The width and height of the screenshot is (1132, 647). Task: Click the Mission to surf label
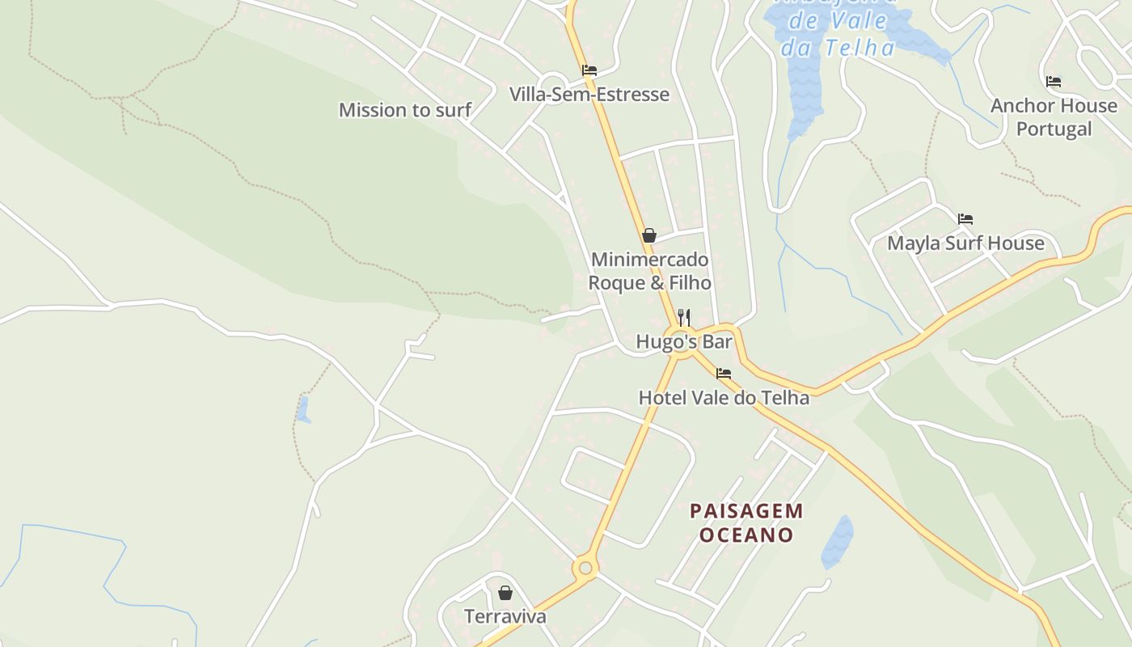pos(404,110)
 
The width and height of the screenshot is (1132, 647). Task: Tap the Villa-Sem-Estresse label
pos(589,95)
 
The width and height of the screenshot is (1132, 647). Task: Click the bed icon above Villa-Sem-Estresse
pos(589,70)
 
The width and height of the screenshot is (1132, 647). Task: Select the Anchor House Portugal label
pos(1054,117)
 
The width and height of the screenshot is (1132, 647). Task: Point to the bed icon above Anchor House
pos(1053,82)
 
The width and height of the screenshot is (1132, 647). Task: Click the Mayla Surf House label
pos(965,243)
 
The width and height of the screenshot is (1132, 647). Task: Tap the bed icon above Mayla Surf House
pos(965,219)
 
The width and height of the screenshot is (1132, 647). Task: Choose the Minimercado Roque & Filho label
pos(649,271)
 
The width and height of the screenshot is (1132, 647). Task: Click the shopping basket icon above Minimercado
pos(648,235)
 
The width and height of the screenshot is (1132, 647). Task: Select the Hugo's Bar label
pos(684,342)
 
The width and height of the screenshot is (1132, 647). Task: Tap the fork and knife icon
pos(684,317)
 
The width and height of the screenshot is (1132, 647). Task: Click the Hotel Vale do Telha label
pos(724,398)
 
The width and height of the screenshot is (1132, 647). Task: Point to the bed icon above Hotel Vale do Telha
pos(724,374)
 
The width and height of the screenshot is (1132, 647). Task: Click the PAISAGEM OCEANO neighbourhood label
pos(746,522)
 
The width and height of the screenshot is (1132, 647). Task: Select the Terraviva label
pos(505,616)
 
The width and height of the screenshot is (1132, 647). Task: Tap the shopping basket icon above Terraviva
pos(505,593)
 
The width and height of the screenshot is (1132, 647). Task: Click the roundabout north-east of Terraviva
pos(585,568)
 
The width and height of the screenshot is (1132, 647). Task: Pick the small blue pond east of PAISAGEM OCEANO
pos(838,540)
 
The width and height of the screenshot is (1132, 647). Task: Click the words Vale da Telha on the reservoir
pos(837,36)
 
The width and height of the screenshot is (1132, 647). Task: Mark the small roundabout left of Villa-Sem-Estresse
pos(553,83)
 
